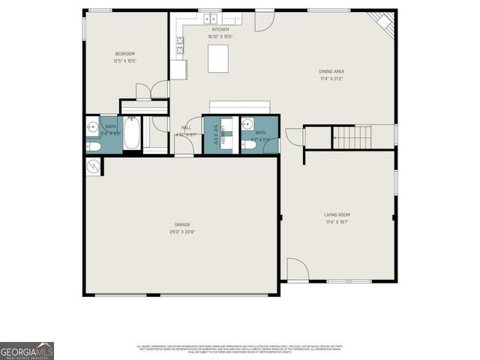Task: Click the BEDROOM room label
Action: [x=124, y=53]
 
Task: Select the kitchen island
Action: [x=218, y=57]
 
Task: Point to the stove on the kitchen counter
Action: [x=180, y=46]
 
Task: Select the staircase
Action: [x=352, y=137]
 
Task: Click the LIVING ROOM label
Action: [x=337, y=215]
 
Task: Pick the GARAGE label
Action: [x=182, y=224]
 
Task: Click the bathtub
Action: [x=130, y=135]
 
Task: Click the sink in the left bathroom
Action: [x=91, y=126]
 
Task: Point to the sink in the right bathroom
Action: [x=248, y=124]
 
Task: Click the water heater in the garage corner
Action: [x=93, y=166]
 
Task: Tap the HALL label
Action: [x=187, y=127]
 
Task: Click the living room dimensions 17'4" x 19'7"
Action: [x=337, y=222]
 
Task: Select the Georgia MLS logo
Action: [x=27, y=350]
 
